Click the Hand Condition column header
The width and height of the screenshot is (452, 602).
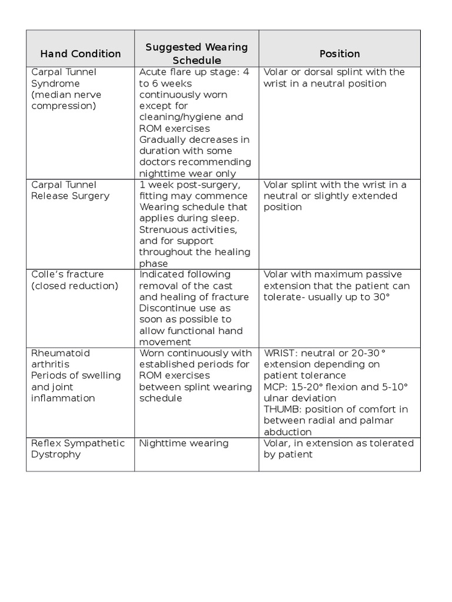coord(80,54)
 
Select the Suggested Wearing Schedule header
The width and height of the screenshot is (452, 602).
coord(197,53)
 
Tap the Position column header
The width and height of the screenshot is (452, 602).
coord(340,54)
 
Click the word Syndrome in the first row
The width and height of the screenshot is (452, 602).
coord(55,83)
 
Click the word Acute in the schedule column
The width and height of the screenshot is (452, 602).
coord(153,72)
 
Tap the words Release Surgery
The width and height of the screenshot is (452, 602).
coord(70,196)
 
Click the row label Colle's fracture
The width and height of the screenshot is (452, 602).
coord(67,275)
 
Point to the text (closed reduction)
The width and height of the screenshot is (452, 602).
coord(74,286)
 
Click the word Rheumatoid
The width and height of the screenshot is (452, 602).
coord(61,353)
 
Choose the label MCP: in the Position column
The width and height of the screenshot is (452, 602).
coord(275,387)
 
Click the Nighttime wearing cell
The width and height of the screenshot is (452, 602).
coord(184,443)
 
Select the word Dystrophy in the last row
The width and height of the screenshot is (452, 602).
coord(56,454)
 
